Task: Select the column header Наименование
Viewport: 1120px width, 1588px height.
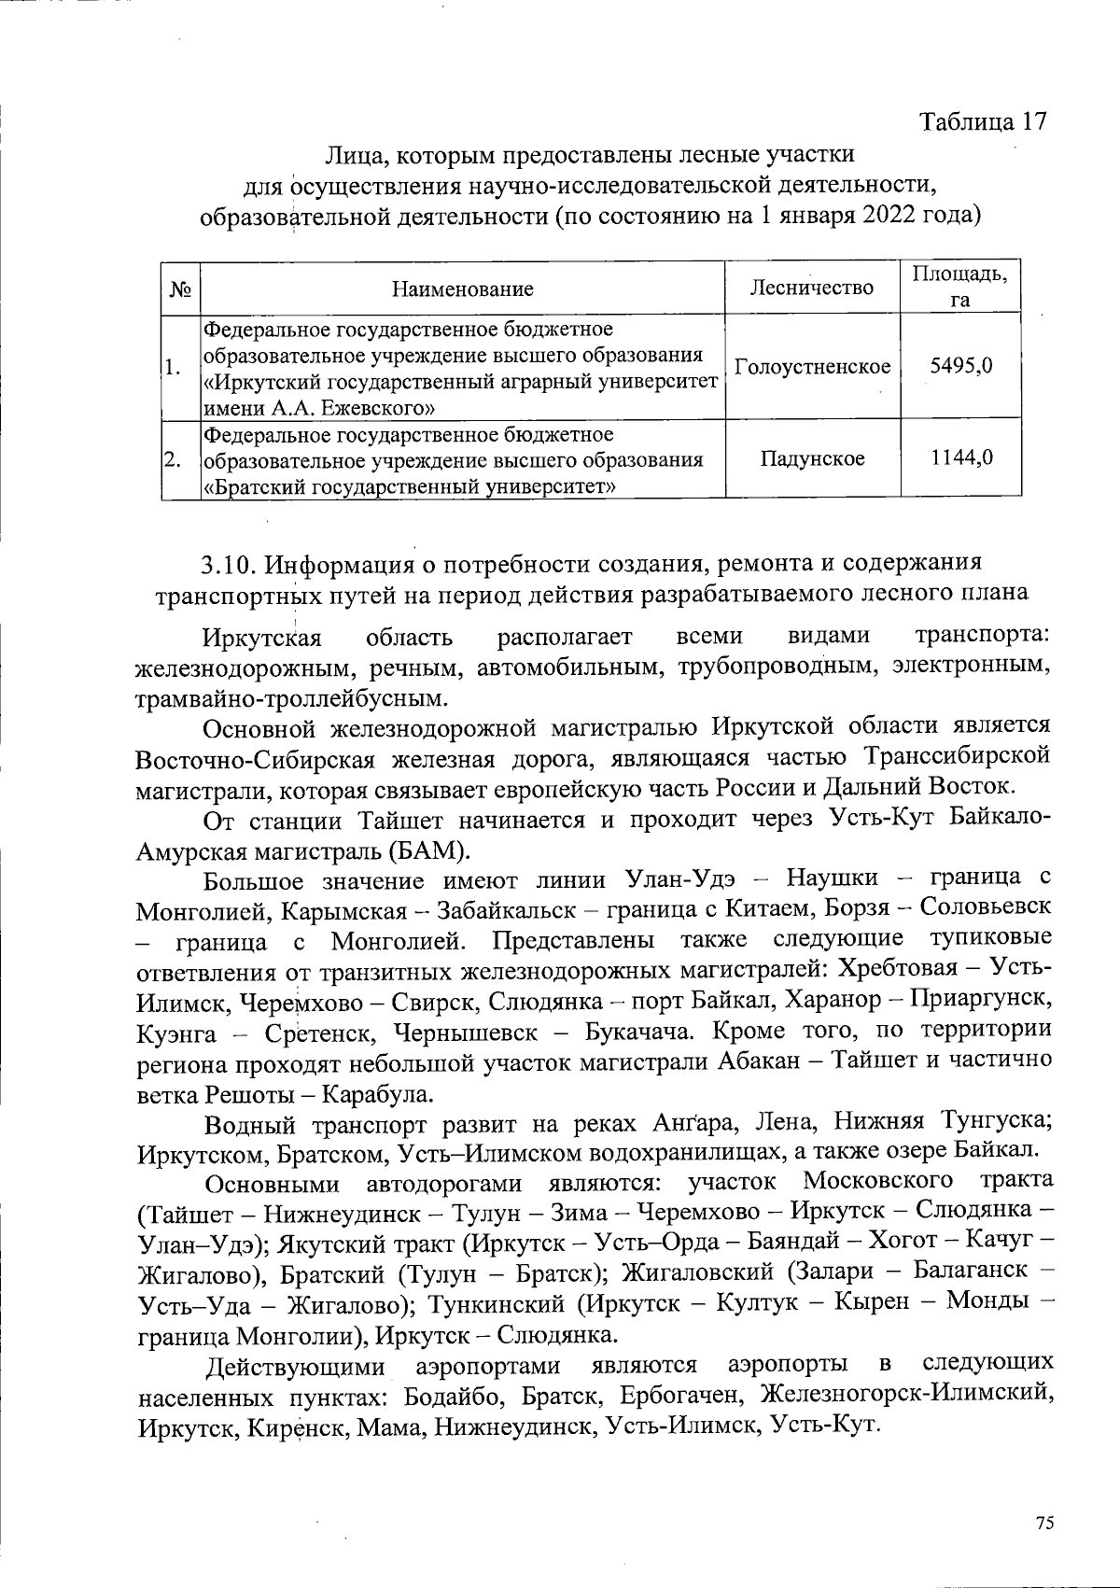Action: (x=462, y=288)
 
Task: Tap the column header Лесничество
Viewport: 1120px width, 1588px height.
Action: (x=812, y=288)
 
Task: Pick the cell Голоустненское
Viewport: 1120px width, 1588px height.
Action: (x=812, y=367)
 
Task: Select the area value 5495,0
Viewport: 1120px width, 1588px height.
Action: (x=960, y=367)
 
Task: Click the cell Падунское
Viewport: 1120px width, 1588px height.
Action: (x=812, y=458)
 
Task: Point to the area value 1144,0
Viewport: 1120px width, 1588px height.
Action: (x=960, y=457)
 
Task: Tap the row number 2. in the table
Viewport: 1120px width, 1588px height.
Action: (x=171, y=459)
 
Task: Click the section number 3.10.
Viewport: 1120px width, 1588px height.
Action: (x=229, y=566)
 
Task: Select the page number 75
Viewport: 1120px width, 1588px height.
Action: (x=1044, y=1523)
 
